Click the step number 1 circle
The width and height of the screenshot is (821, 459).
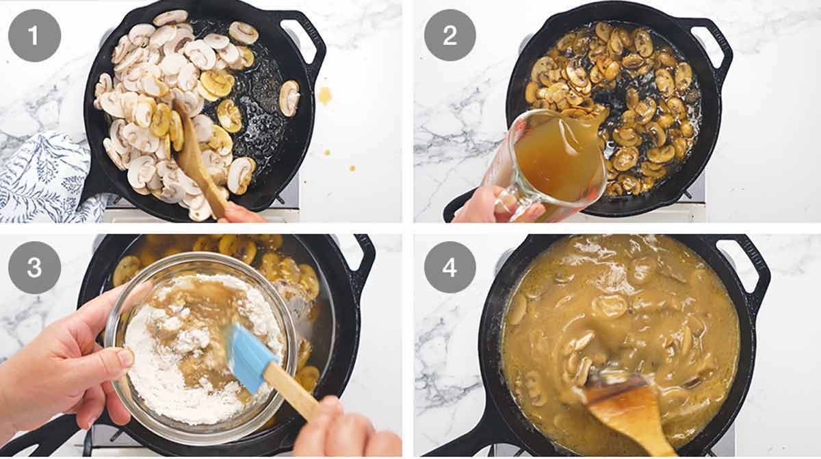click(34, 36)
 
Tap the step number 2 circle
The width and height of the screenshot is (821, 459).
click(450, 36)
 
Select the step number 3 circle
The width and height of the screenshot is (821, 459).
click(34, 268)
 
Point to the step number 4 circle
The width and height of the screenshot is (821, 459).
click(450, 268)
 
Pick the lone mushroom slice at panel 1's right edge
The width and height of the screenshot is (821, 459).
click(289, 98)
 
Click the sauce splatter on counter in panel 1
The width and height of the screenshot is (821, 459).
click(324, 95)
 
